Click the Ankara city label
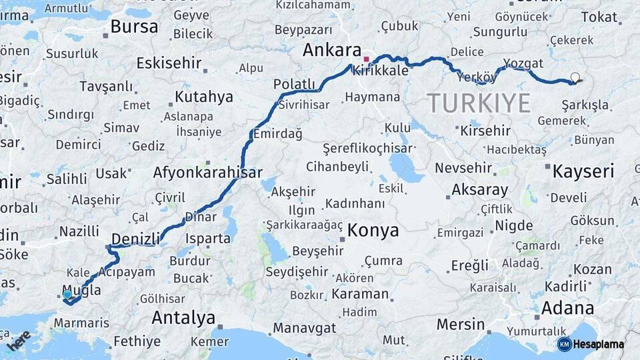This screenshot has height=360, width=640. coord(331,50)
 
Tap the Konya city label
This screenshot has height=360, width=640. coord(373,231)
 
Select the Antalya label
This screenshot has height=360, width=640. coord(183,317)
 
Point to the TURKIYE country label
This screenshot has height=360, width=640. coord(479,103)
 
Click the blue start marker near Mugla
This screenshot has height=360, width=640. coord(67,294)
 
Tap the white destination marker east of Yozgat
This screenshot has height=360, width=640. coord(575,77)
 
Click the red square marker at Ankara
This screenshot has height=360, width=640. coord(366,59)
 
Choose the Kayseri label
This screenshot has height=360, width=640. coord(583,171)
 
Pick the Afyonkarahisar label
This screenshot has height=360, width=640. coord(207,172)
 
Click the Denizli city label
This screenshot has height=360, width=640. coord(135,239)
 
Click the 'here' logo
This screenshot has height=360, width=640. coord(19,340)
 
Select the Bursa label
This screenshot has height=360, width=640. coord(134,27)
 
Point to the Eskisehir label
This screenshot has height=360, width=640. coord(169,63)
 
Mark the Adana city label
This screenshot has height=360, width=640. coord(567,308)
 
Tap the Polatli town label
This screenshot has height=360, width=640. coord(294,84)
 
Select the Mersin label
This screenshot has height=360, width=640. coord(461,325)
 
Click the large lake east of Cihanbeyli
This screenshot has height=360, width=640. coord(406,167)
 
